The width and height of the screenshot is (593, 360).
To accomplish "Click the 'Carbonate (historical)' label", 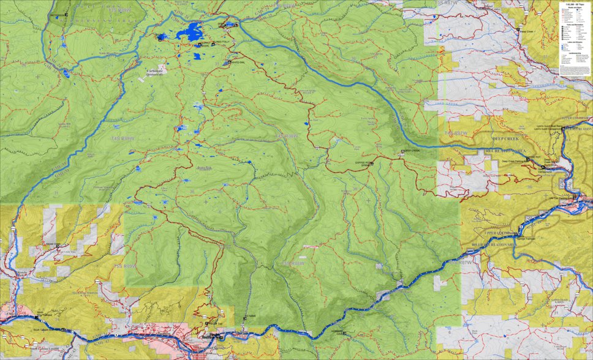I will tap(156, 73).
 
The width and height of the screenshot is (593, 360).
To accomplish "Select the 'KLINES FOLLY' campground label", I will tap(220, 42).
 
